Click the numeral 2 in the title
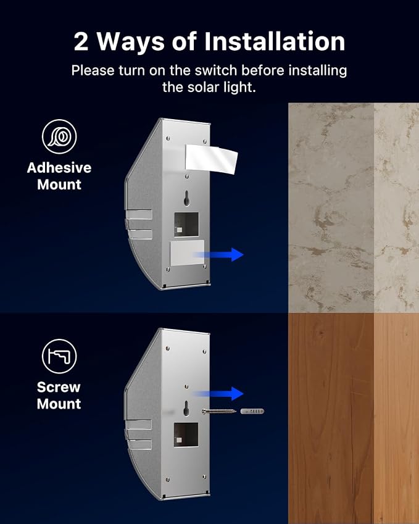pyautogui.click(x=81, y=41)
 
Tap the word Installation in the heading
pyautogui.click(x=275, y=41)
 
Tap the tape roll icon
pyautogui.click(x=59, y=136)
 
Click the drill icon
pyautogui.click(x=59, y=356)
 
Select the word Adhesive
pyautogui.click(x=59, y=167)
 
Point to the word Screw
pyautogui.click(x=59, y=387)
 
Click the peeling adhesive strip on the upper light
pyautogui.click(x=211, y=159)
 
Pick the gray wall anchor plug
pyautogui.click(x=252, y=411)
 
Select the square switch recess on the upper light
pyautogui.click(x=186, y=224)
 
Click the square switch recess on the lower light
pyautogui.click(x=186, y=435)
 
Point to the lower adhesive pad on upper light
pyautogui.click(x=187, y=253)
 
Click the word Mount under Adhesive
pyautogui.click(x=59, y=185)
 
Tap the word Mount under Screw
pyautogui.click(x=59, y=404)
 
